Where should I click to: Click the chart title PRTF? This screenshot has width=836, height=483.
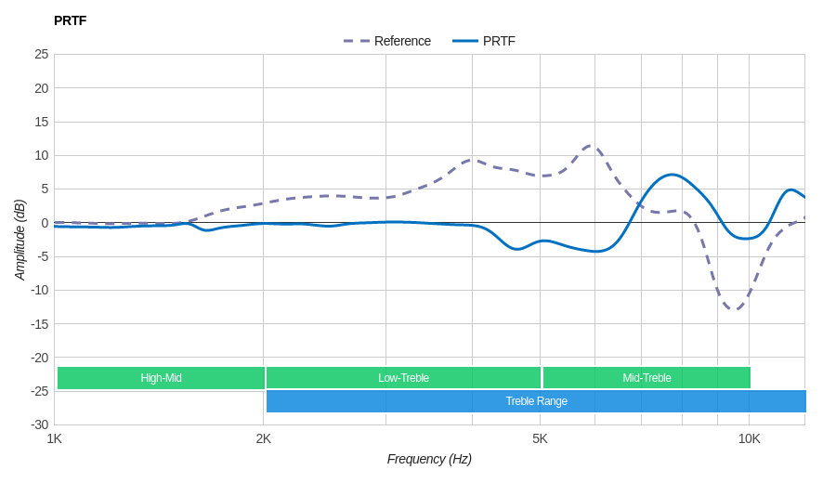pos(70,20)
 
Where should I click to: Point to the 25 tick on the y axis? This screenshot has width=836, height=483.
pos(42,54)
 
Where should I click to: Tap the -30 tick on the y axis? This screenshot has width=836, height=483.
pos(40,424)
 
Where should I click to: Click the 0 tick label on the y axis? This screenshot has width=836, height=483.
pos(45,223)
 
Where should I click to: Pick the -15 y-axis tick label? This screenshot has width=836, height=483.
pos(40,323)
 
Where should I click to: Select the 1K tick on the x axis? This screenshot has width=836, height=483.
pos(55,438)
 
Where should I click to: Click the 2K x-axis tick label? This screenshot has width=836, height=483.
pos(264,438)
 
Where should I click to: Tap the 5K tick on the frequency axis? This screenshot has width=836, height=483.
pos(540,438)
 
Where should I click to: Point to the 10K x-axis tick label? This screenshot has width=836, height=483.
pos(749,438)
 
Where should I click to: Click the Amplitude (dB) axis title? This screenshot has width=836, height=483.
pos(20,240)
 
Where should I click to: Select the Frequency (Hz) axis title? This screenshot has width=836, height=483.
pos(429,459)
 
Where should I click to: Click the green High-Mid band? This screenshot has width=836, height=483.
pos(161,378)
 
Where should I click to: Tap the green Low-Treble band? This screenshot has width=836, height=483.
pos(403,378)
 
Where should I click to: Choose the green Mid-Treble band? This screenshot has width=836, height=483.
pos(647,378)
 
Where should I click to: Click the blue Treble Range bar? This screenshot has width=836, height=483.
pos(536,401)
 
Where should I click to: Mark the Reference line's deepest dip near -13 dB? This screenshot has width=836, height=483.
pos(734,309)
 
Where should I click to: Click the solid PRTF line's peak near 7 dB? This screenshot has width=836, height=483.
pos(671,175)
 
